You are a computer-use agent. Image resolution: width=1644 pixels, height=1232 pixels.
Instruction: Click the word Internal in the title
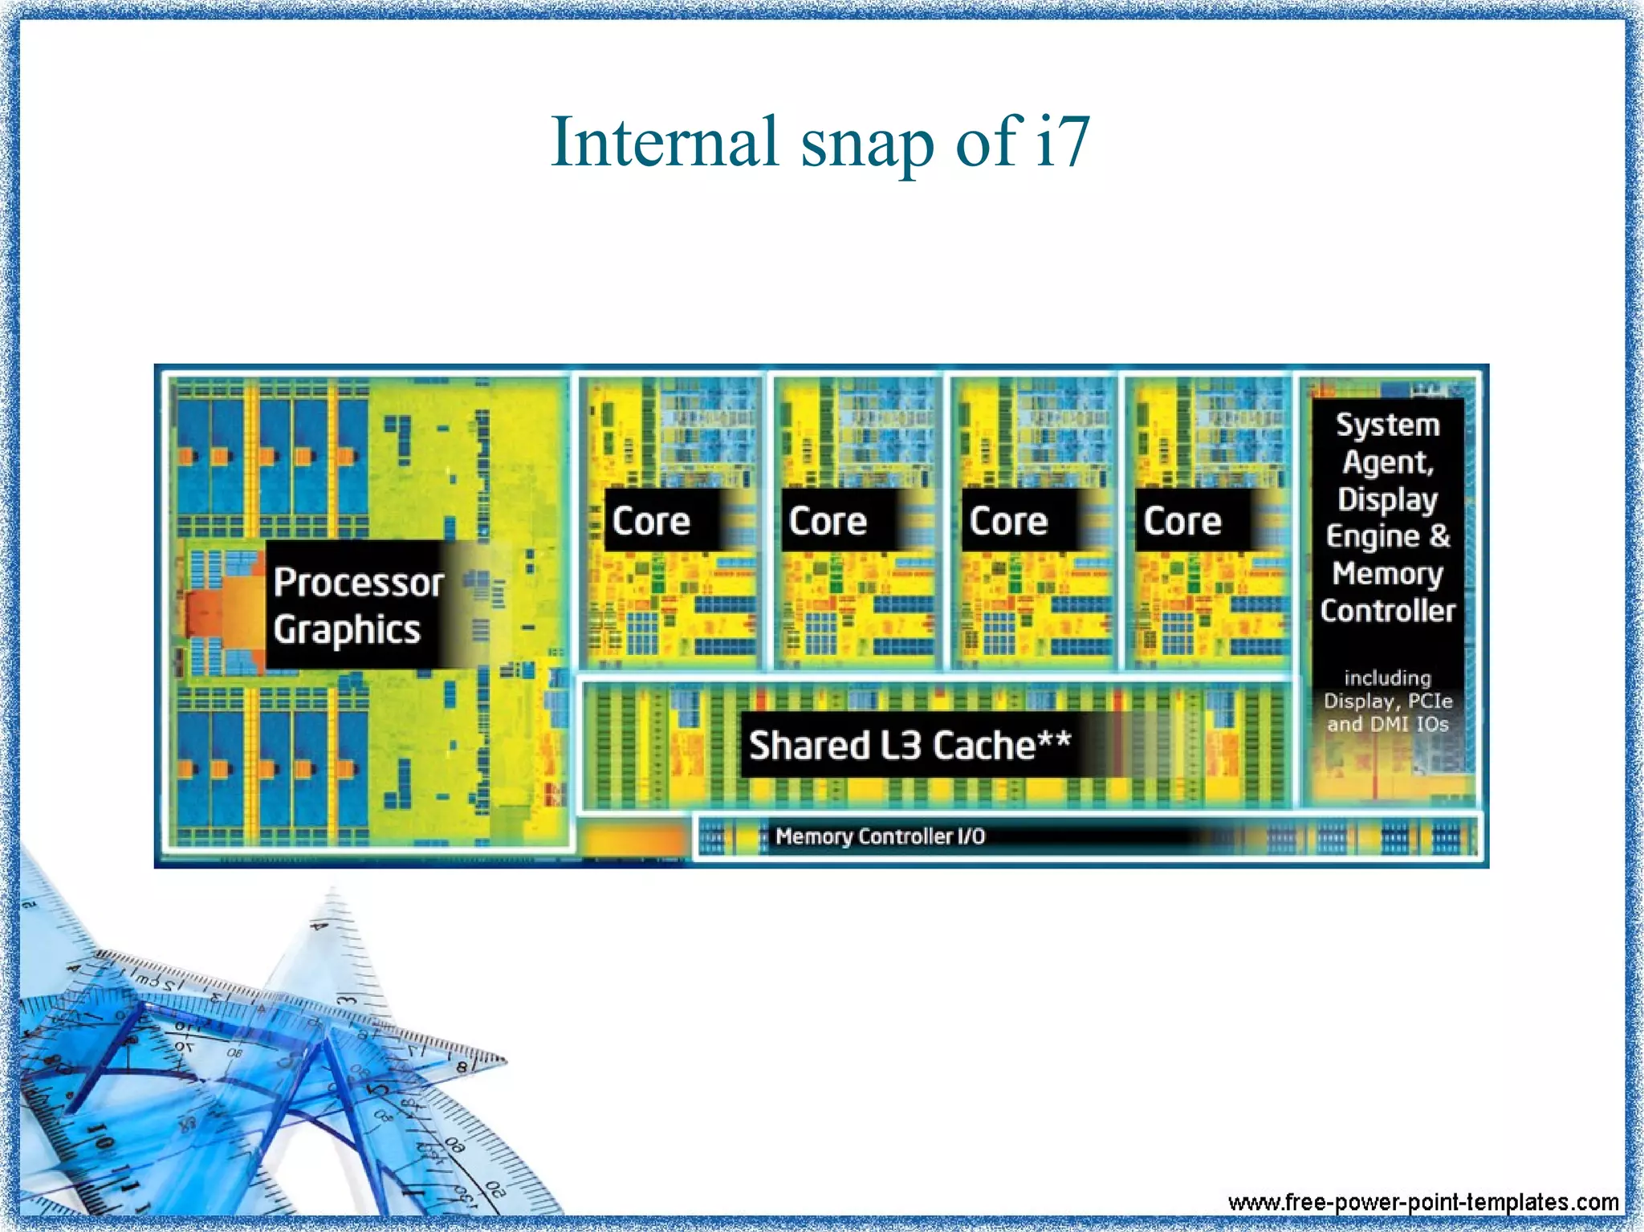coord(665,142)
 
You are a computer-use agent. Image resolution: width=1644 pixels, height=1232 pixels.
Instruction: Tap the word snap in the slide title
coord(867,144)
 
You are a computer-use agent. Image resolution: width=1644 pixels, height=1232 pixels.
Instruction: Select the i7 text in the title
coord(1062,142)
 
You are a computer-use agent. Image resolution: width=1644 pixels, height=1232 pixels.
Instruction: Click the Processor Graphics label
coord(358,604)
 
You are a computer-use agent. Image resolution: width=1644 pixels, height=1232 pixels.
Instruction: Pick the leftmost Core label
coord(651,521)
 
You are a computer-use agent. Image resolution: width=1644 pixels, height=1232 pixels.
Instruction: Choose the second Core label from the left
coord(828,521)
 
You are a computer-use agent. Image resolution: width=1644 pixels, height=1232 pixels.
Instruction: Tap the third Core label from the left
coord(1008,521)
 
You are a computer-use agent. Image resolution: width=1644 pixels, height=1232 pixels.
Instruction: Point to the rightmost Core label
coord(1182,521)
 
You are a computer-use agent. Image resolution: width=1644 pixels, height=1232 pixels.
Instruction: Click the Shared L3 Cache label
coord(909,745)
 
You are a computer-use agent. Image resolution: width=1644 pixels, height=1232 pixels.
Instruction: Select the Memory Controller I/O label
coord(880,836)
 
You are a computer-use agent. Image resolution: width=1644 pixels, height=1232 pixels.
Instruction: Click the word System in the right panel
coord(1387,425)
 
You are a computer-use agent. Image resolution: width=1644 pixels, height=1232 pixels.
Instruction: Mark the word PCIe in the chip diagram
coord(1430,701)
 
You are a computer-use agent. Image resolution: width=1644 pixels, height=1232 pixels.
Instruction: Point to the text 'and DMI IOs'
coord(1387,724)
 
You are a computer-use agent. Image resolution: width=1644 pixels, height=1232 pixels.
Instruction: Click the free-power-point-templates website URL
coord(1422,1202)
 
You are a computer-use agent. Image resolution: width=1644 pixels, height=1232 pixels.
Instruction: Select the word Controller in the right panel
coord(1387,611)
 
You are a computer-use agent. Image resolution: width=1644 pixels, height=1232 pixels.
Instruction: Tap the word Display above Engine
coord(1387,499)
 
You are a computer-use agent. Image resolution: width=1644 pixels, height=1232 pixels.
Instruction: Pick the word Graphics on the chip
coord(347,630)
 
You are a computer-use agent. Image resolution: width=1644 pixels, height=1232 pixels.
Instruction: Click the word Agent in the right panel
coord(1387,462)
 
